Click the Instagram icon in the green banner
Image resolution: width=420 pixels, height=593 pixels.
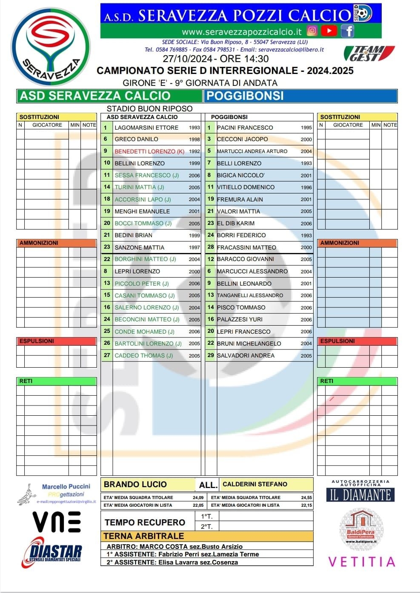click(x=312, y=31)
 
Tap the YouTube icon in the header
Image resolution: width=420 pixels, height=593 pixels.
click(x=329, y=31)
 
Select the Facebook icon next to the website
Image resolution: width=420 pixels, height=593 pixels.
click(x=347, y=31)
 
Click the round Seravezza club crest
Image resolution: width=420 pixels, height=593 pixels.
click(x=50, y=47)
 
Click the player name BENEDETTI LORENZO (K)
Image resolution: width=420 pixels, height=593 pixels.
click(x=149, y=151)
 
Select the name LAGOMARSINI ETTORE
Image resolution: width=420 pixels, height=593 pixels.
click(x=146, y=128)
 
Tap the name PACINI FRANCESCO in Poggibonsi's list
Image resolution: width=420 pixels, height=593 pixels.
click(x=245, y=128)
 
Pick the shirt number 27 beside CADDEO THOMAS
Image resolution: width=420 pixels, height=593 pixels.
click(x=107, y=355)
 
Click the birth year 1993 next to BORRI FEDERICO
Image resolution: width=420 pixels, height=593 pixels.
click(x=306, y=235)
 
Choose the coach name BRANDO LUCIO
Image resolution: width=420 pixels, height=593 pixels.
click(x=135, y=484)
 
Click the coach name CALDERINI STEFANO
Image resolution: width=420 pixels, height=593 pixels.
click(x=255, y=484)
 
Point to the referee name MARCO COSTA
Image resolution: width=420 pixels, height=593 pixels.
click(x=163, y=547)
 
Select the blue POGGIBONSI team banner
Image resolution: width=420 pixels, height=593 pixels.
click(x=300, y=96)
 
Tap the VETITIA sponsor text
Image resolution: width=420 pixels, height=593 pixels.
click(x=362, y=562)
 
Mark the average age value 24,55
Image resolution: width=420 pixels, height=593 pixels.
click(x=306, y=497)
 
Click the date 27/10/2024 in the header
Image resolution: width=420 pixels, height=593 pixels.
click(x=187, y=59)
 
